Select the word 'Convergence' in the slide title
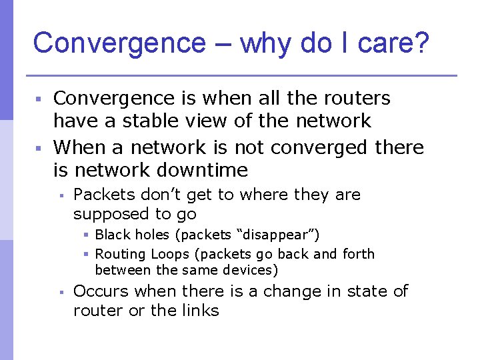(120, 43)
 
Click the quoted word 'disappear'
(275, 235)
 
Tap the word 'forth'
(357, 254)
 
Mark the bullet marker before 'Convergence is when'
(39, 99)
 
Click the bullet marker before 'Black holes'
(86, 235)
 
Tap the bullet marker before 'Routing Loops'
(86, 255)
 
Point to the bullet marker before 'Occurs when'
(60, 292)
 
